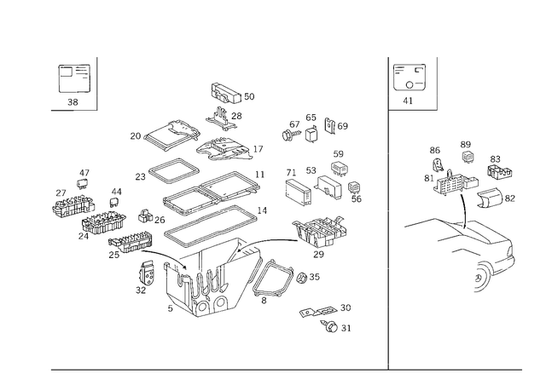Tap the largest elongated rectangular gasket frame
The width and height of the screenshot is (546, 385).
coord(212,204)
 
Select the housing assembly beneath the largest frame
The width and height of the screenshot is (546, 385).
coord(200,290)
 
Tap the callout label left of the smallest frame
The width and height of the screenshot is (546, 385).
coord(134,135)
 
